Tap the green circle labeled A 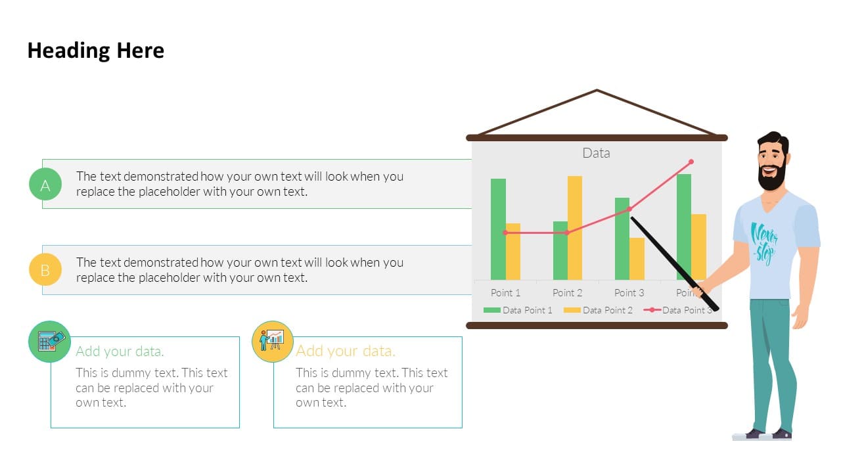point(45,184)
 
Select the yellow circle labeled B point(45,269)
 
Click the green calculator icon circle point(49,341)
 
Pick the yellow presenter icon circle point(273,341)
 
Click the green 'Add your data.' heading point(120,351)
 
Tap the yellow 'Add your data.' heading point(346,351)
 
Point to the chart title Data point(596,153)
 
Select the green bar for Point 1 point(498,229)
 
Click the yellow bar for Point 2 point(575,228)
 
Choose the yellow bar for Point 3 point(637,259)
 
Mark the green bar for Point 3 point(622,238)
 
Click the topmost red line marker point(691,162)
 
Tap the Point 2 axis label point(567,293)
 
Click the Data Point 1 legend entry point(518,310)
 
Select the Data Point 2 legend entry point(598,310)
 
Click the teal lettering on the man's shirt point(763,243)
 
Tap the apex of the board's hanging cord point(597,90)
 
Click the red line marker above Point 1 point(505,233)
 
